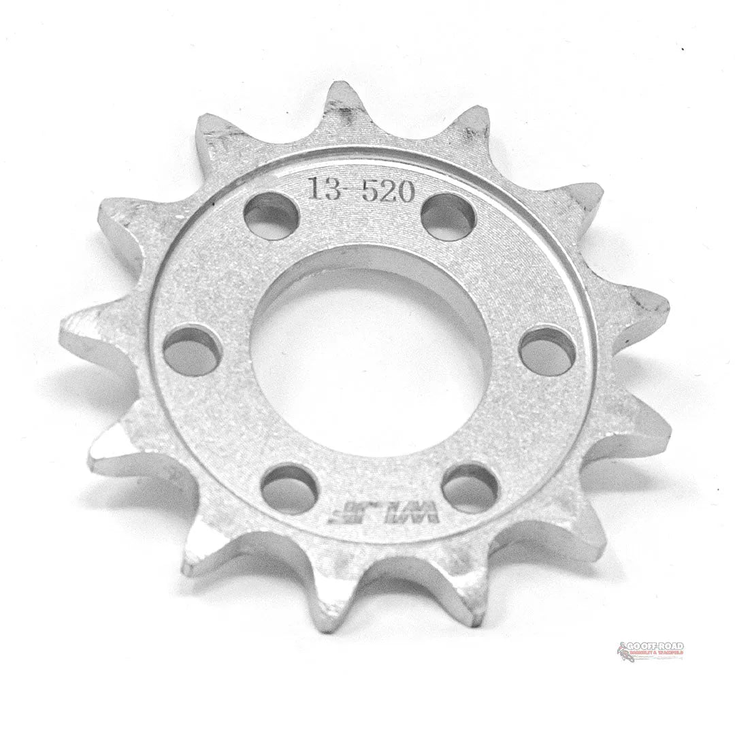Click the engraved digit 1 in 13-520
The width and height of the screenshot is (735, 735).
[x=314, y=189]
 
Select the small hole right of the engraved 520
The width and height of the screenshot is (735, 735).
[x=448, y=217]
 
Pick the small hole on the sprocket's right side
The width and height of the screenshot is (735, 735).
[x=547, y=350]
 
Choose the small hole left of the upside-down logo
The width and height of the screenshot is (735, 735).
[x=289, y=489]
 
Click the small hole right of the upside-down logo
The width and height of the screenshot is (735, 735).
[x=470, y=487]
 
